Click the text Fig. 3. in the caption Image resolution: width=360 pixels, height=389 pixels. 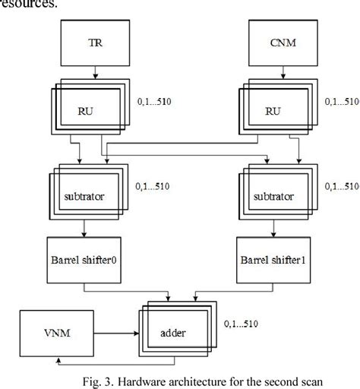pos(102,378)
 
